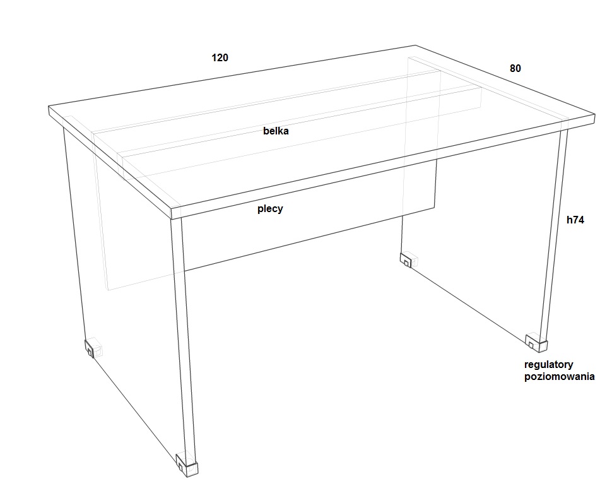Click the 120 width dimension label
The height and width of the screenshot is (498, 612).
pyautogui.click(x=220, y=58)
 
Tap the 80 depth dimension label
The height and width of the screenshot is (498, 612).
pyautogui.click(x=515, y=68)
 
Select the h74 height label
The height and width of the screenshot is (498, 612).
pyautogui.click(x=575, y=220)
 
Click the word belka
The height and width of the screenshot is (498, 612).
pyautogui.click(x=276, y=131)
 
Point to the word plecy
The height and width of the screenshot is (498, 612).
pyautogui.click(x=270, y=209)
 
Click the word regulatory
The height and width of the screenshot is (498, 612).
pyautogui.click(x=549, y=365)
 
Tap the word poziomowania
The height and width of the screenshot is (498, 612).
pyautogui.click(x=559, y=377)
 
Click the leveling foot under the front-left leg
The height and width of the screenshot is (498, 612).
pyautogui.click(x=187, y=465)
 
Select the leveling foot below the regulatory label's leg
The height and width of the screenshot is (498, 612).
pyautogui.click(x=537, y=341)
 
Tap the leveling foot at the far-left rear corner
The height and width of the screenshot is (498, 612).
pyautogui.click(x=92, y=347)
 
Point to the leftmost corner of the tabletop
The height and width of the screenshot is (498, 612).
pyautogui.click(x=49, y=106)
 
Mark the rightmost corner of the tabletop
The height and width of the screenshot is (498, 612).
pyautogui.click(x=595, y=115)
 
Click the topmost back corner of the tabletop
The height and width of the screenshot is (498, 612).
pyautogui.click(x=415, y=45)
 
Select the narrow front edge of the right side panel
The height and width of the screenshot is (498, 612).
pyautogui.click(x=554, y=234)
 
